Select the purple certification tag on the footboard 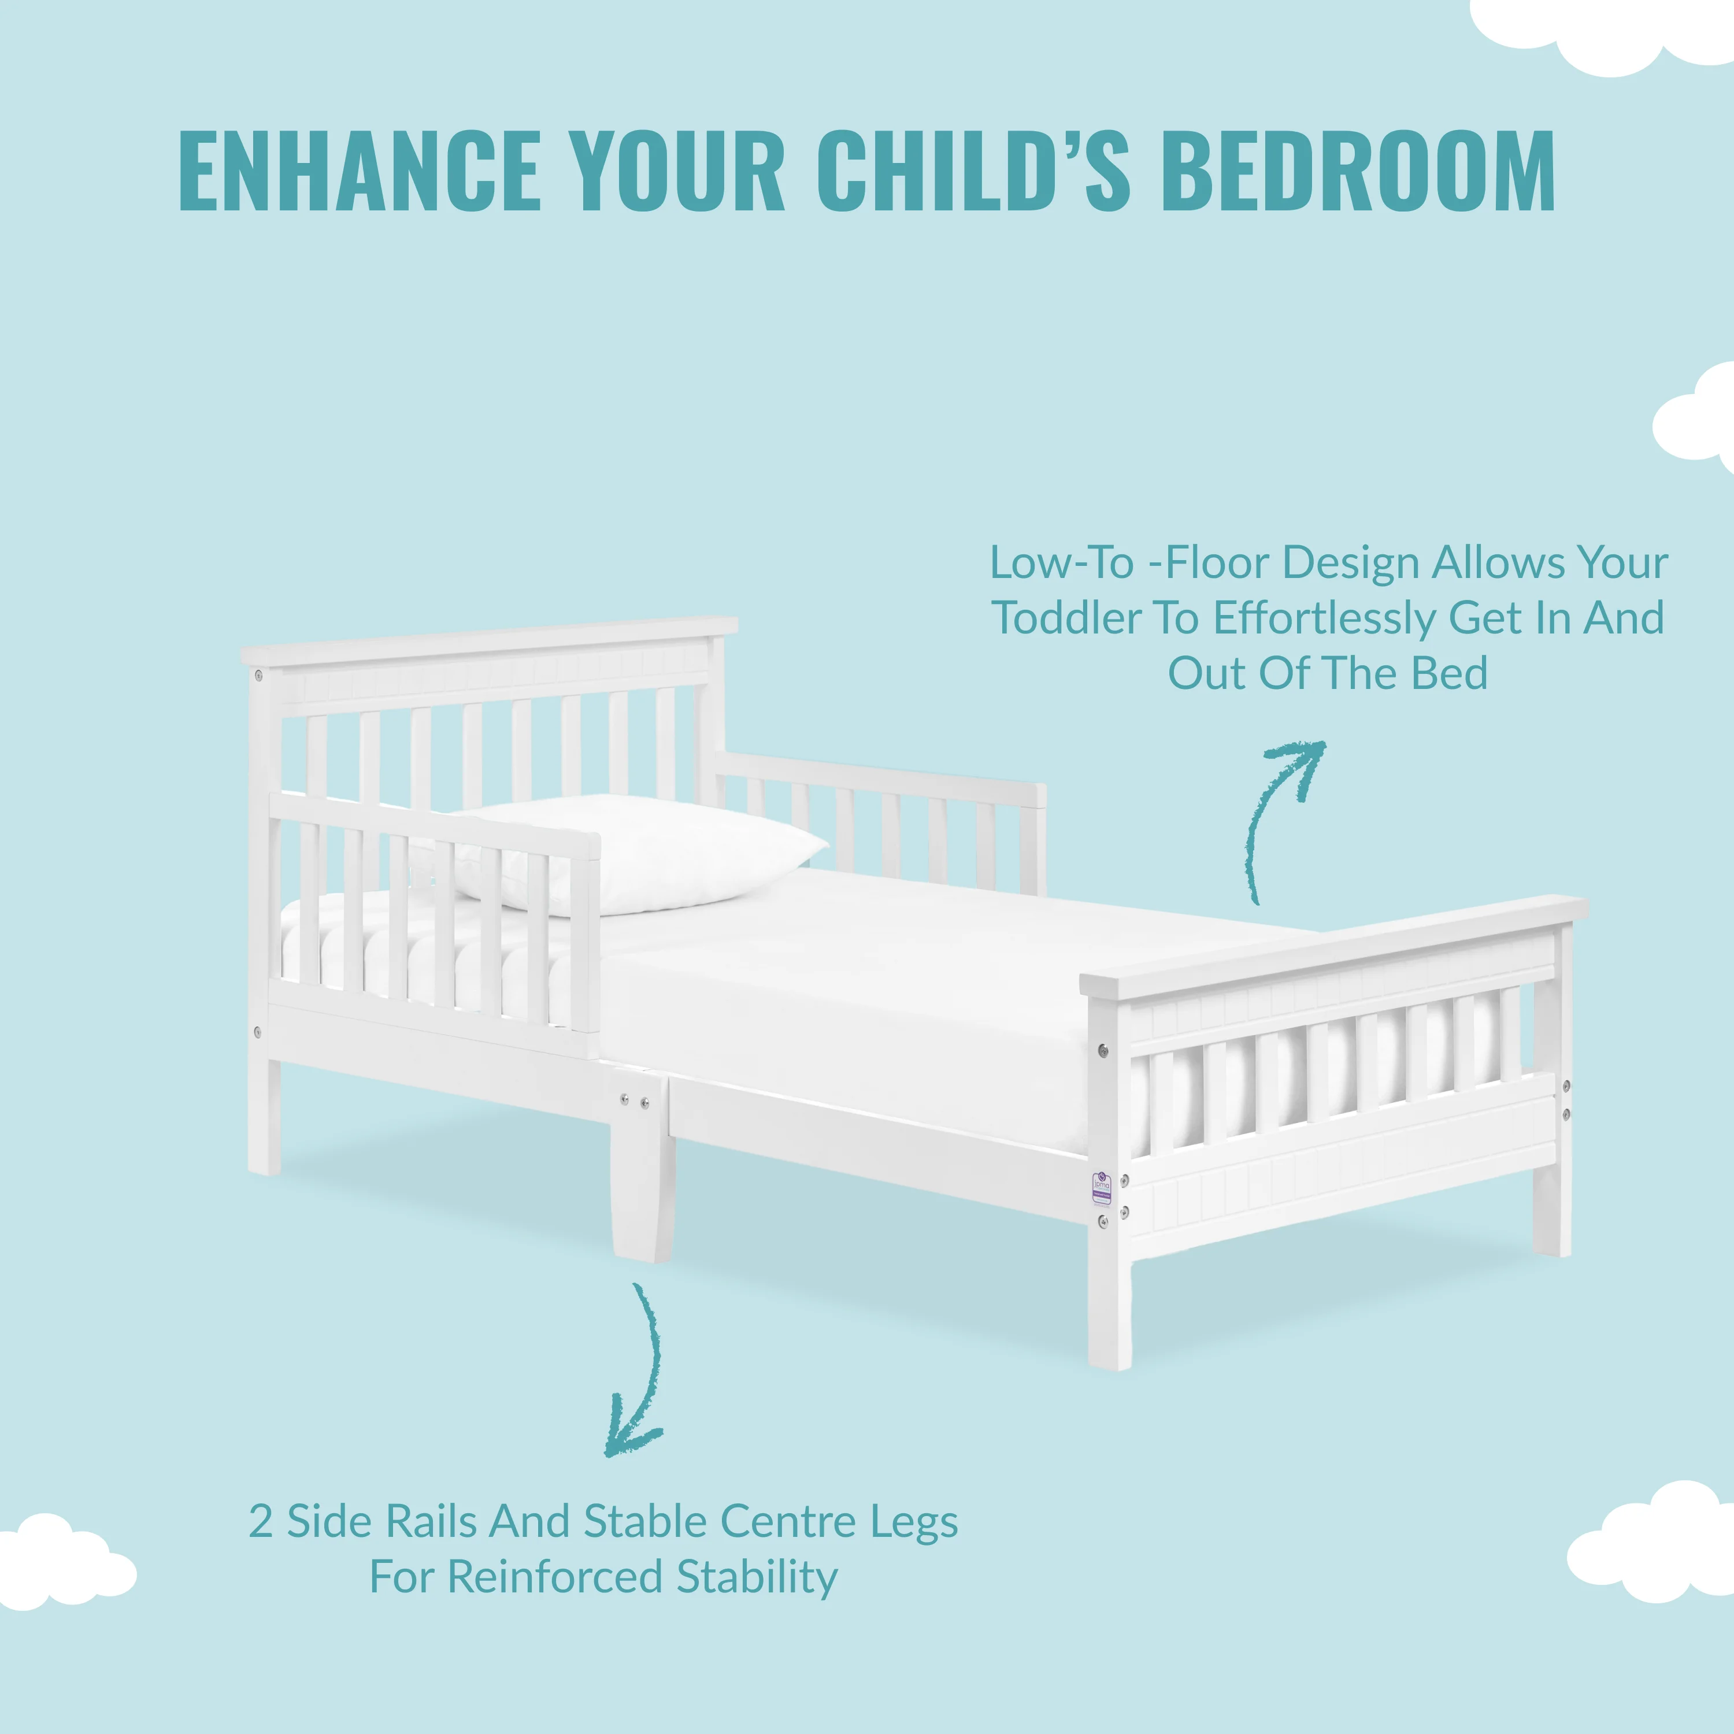point(1101,1187)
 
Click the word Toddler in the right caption point(1067,618)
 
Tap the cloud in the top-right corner point(1607,31)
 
